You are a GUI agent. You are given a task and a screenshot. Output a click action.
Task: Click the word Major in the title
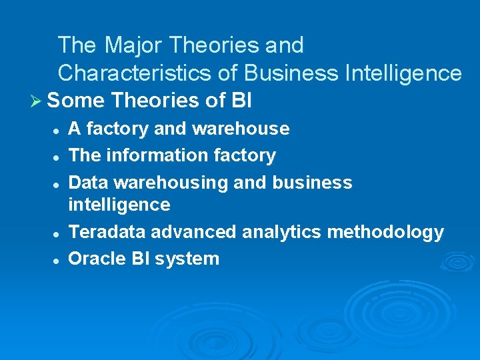[133, 45]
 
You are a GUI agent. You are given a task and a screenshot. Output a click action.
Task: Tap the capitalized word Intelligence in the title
[403, 73]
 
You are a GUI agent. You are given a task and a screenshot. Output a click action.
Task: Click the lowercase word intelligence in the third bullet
[119, 204]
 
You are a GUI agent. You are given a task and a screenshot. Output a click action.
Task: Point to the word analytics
[277, 232]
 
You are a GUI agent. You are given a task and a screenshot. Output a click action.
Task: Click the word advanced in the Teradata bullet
[193, 232]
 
